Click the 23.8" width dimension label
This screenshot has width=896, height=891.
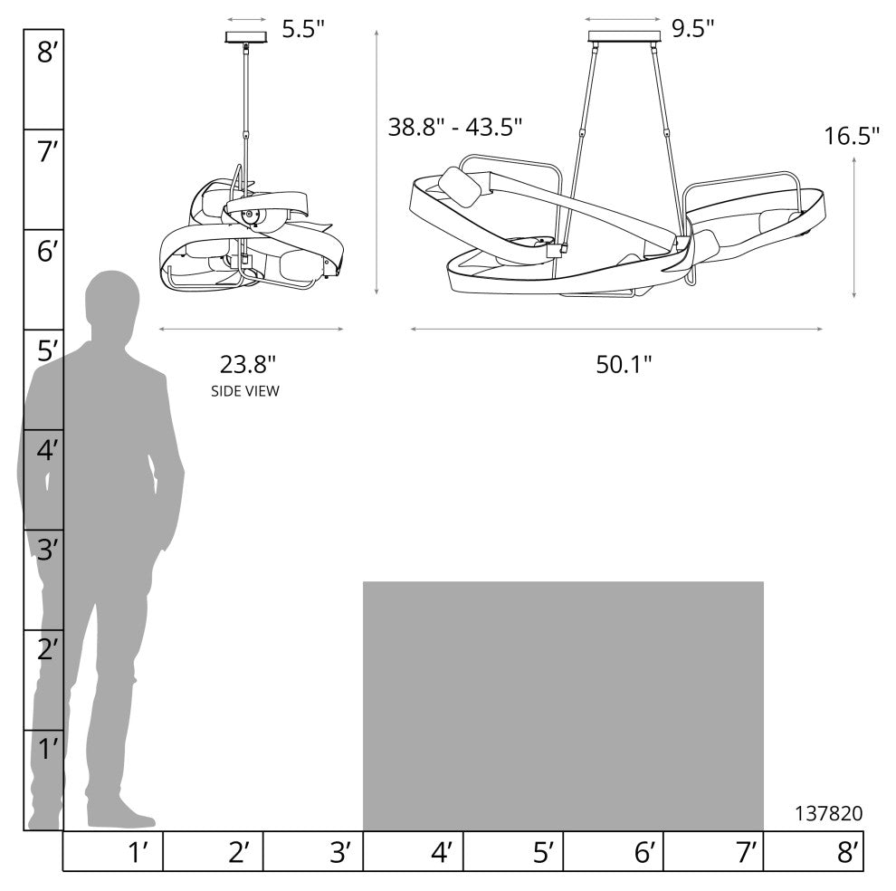[x=248, y=364]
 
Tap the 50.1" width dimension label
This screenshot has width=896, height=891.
[x=624, y=364]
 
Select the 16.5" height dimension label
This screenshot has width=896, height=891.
[x=851, y=136]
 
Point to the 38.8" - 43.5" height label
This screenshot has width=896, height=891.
[x=455, y=127]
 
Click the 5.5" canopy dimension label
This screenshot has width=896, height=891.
[x=303, y=29]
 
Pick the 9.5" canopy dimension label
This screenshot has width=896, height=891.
[x=692, y=28]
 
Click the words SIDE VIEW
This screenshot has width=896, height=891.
[x=245, y=391]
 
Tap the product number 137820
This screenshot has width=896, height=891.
[x=828, y=812]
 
